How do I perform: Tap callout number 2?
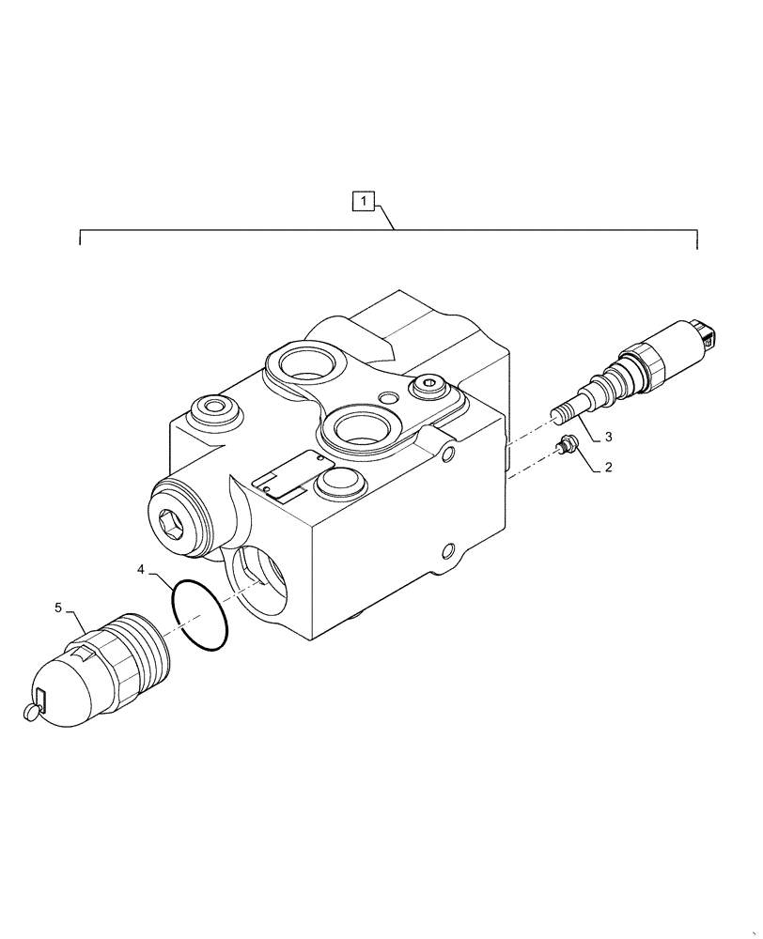(x=608, y=467)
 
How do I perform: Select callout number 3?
(x=608, y=437)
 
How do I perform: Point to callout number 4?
(x=141, y=569)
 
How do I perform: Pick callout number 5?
(x=58, y=608)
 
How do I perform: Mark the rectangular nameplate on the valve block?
(x=291, y=472)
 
